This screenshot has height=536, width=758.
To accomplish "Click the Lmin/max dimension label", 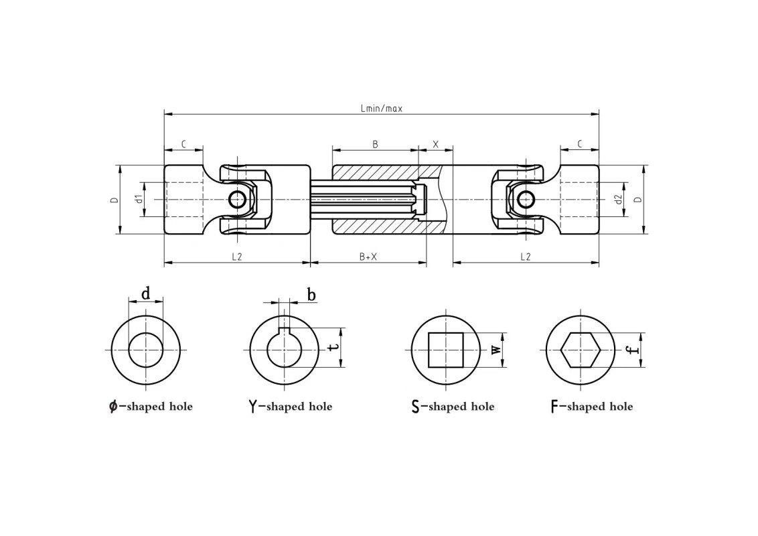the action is tap(382, 109).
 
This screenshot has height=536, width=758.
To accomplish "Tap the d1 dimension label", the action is tap(139, 199).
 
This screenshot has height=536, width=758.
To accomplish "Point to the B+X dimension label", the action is tap(368, 257).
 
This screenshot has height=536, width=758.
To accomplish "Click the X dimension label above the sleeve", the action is tap(435, 144).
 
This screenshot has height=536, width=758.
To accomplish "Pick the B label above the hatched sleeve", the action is tap(375, 144).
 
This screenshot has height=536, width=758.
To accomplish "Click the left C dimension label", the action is tap(183, 144).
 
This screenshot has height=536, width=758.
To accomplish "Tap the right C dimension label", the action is tap(580, 144).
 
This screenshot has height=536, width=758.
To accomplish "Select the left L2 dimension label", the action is tap(236, 257).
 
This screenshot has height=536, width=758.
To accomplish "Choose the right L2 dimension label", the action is tap(526, 257).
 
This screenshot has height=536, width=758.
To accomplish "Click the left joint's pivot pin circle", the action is tap(237, 199).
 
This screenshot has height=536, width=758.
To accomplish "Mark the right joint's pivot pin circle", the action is tap(526, 199).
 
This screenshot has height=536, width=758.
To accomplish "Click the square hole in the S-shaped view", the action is tap(446, 350).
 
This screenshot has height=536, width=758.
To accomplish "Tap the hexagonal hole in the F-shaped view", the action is tap(581, 350).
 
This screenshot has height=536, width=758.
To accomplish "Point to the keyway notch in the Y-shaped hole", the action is tap(284, 330).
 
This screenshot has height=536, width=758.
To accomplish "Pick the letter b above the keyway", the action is tap(312, 294).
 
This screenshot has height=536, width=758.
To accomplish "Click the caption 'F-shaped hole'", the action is tap(592, 406).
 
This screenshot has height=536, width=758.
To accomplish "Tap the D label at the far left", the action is tap(114, 199).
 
